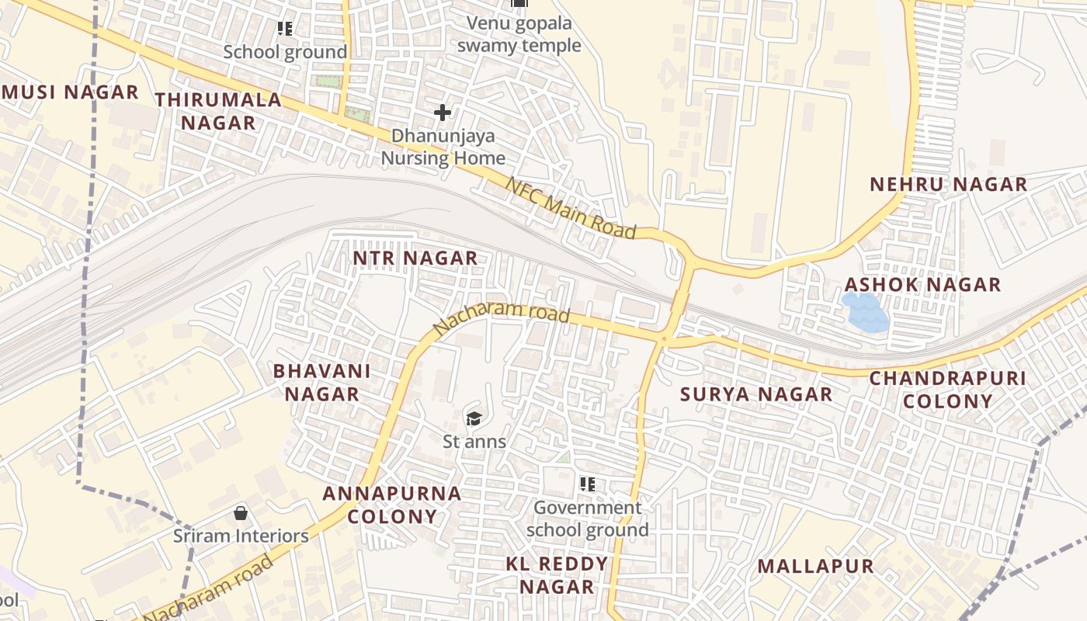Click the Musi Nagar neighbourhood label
coord(70,92)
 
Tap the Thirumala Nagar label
coord(217,111)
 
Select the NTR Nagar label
coord(415,258)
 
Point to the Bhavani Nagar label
coord(321,382)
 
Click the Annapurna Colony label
coord(392,505)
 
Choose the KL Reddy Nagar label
coord(557,575)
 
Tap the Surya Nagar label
coord(756,394)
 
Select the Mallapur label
coord(816,567)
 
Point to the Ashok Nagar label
coord(923,284)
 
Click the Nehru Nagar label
coord(948,185)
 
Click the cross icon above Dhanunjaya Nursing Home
coord(443,113)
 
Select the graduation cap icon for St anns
coord(474,419)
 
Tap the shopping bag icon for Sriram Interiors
coord(241,513)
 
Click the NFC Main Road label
coord(571,208)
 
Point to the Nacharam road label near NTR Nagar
coord(502,321)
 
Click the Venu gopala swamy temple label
coord(519,34)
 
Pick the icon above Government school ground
coord(588,485)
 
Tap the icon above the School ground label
coord(285,29)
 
